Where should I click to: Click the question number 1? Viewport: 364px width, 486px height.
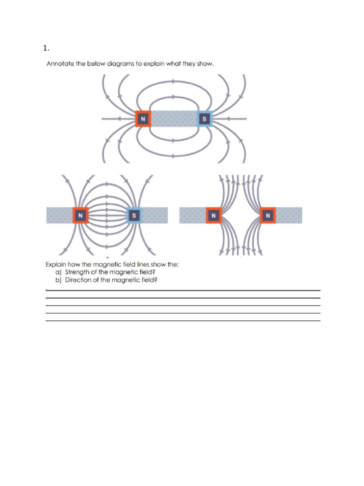click(46, 48)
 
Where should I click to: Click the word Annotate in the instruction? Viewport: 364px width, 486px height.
click(60, 64)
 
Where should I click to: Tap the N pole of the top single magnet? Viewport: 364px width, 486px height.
click(143, 119)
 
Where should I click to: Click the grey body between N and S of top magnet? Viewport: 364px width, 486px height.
click(173, 119)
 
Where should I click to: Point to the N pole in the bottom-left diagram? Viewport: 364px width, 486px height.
click(81, 215)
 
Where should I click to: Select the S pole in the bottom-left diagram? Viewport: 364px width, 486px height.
click(134, 215)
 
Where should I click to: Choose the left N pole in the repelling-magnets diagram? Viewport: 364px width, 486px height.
click(214, 215)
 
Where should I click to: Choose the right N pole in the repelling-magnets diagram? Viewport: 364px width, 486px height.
click(268, 215)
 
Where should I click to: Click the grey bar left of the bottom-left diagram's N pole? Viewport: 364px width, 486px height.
click(59, 215)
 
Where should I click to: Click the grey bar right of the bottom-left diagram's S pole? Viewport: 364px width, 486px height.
click(155, 215)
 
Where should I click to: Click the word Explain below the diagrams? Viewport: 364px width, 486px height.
click(56, 264)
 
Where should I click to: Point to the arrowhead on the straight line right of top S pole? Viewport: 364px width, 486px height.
click(228, 119)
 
